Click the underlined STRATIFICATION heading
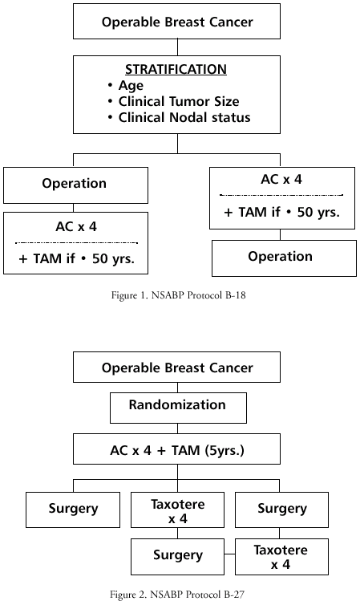(176, 69)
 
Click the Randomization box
(178, 408)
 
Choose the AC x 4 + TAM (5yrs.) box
(176, 449)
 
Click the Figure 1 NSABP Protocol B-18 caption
(178, 295)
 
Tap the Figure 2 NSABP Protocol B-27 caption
(177, 594)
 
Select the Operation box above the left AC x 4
(76, 185)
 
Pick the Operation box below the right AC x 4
(284, 258)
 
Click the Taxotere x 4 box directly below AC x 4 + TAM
(177, 510)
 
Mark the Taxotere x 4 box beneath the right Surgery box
(281, 557)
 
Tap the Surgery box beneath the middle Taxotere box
(177, 557)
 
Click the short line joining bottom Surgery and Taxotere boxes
(229, 554)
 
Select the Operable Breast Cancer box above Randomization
(176, 368)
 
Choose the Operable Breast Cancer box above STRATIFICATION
(176, 22)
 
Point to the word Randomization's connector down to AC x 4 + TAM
(178, 428)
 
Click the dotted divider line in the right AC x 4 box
(281, 195)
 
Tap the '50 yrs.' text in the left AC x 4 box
(113, 258)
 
